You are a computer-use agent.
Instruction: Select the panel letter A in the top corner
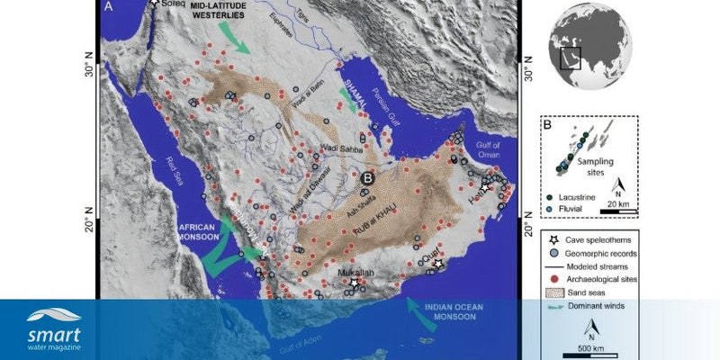[x=109, y=7]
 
